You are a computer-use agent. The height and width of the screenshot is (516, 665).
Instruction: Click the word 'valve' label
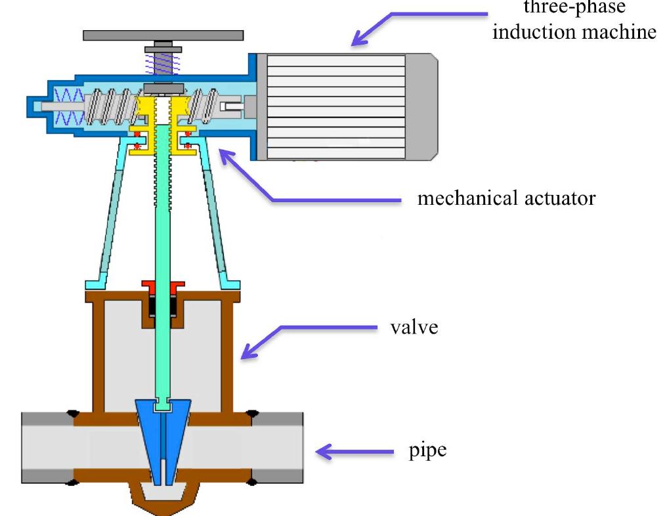414,327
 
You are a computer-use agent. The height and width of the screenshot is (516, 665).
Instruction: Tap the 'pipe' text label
427,451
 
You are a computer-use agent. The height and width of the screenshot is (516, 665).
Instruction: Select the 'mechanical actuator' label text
506,198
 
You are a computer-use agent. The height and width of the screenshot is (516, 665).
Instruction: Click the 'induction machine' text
574,32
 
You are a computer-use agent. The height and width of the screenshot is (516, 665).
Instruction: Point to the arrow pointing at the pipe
355,452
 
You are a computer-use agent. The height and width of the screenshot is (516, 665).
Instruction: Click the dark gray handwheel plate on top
163,35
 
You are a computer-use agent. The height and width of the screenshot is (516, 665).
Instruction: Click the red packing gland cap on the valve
162,287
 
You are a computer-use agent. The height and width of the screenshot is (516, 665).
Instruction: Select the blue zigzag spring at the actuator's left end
69,107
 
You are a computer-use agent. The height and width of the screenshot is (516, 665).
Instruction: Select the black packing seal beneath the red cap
162,306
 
